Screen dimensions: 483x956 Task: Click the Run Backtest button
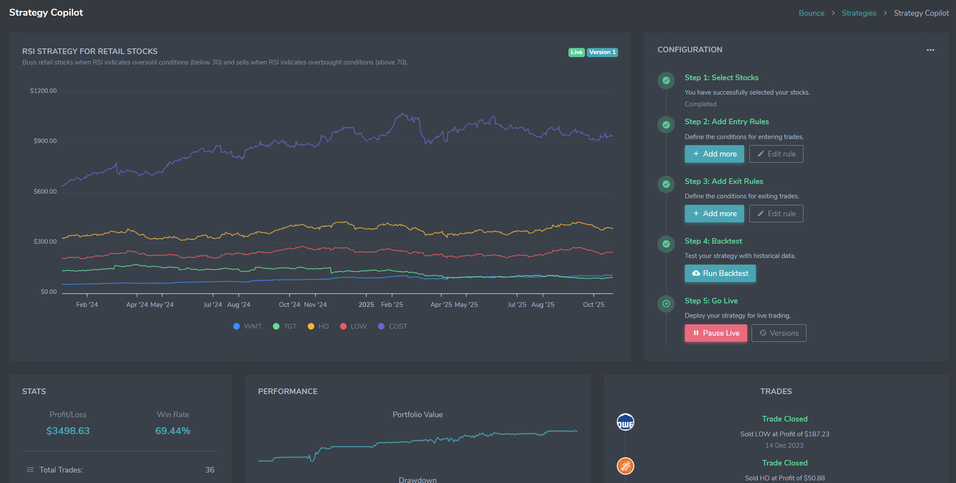tap(720, 273)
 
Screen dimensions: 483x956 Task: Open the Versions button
tap(779, 333)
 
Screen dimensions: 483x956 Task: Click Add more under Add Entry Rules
tap(714, 154)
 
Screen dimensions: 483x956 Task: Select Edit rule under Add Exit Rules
tap(776, 214)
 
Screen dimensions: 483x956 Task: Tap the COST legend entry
tap(392, 327)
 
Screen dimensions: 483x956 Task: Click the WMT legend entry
tap(248, 327)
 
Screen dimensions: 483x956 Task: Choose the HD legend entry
tap(318, 327)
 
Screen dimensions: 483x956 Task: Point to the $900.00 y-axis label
tap(45, 141)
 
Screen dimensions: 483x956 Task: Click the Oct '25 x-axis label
tap(593, 305)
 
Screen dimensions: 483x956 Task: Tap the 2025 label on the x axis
tap(366, 305)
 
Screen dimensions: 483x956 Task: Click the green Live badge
tap(576, 52)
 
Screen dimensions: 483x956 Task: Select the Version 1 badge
tap(602, 52)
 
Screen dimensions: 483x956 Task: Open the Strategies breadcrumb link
tap(858, 13)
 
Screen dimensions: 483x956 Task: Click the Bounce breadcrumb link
tap(811, 13)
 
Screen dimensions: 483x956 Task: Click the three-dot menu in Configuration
tap(930, 50)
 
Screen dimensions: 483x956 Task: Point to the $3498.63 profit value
tap(68, 431)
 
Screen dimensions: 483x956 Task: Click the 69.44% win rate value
tap(173, 431)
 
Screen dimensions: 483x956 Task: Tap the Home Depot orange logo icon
tap(625, 466)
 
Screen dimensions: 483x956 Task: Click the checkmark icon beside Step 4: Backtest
tap(666, 244)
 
